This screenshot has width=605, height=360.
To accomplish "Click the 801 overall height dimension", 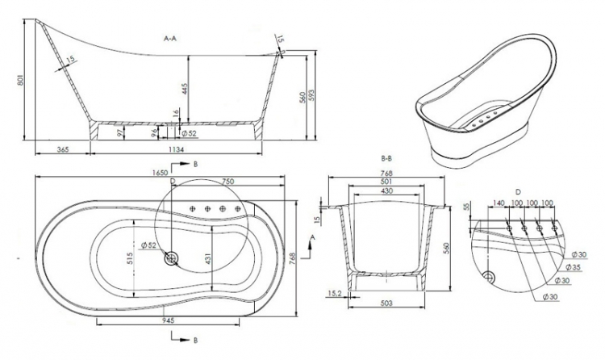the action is (x=22, y=81).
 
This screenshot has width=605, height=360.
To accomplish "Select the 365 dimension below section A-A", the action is (x=63, y=149).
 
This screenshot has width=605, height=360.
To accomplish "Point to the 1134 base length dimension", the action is (x=176, y=149).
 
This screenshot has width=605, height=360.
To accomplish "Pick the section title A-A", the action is (x=170, y=38).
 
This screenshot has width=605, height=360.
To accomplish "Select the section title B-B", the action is (x=386, y=158).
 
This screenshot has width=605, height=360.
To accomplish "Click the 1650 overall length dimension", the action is (x=161, y=172).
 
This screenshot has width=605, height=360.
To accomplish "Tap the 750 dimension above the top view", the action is (x=227, y=182).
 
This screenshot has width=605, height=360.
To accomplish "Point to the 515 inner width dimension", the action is (x=129, y=259).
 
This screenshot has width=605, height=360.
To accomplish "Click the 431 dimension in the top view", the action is (x=207, y=259).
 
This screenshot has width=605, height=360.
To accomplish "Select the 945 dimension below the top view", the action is (x=169, y=320).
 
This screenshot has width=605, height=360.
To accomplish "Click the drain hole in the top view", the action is (x=170, y=258).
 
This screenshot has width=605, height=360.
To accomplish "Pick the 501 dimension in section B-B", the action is (x=386, y=181).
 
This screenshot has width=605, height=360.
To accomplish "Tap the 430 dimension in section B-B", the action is (x=386, y=190).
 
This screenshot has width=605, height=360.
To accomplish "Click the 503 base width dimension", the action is (x=386, y=303).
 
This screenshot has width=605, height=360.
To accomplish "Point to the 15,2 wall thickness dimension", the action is (x=334, y=294).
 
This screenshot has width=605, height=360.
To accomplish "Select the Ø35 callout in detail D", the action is (x=573, y=267).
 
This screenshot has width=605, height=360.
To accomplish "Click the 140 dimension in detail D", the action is (x=499, y=203).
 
